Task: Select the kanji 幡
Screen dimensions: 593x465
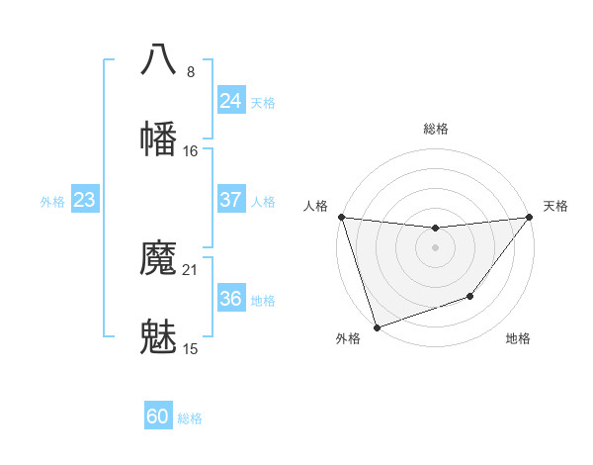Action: pos(159,138)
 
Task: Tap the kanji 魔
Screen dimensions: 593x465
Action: pos(159,259)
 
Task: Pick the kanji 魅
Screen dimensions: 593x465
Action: pos(159,337)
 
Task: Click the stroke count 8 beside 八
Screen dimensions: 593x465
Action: pos(191,71)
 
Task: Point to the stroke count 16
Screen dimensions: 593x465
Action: pos(191,150)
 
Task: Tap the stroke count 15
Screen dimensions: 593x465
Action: pos(191,349)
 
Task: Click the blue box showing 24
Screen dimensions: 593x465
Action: pos(230,101)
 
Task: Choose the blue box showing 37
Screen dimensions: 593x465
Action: pos(230,200)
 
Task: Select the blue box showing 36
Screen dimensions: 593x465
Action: pos(230,299)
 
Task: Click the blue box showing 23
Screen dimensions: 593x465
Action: pos(84,200)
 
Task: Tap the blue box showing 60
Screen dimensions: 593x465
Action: pos(158,417)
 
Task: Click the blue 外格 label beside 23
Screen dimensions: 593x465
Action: pos(52,202)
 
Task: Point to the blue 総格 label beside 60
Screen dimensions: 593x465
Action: pos(190,418)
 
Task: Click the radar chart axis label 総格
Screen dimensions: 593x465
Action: pos(436,129)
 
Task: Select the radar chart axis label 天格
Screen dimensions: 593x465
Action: pos(555,206)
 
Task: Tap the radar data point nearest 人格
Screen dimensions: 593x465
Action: pos(341,217)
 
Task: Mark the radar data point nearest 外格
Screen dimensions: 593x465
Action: pos(377,326)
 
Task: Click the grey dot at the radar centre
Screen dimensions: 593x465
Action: pos(435,246)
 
